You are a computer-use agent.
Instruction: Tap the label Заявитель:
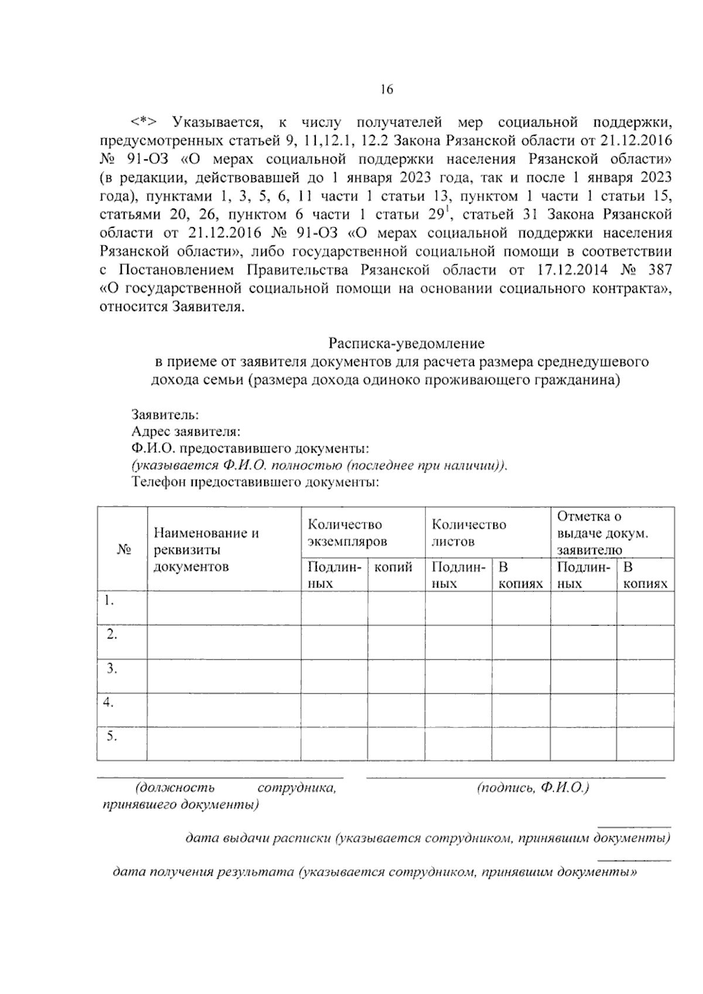[x=165, y=415]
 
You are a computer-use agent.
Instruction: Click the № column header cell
[x=122, y=549]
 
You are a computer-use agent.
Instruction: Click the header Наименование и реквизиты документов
[x=206, y=549]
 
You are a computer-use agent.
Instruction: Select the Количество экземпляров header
[x=347, y=532]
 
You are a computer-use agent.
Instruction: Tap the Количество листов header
[x=469, y=532]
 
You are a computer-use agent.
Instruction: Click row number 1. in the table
[x=108, y=600]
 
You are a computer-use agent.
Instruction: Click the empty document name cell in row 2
[x=223, y=642]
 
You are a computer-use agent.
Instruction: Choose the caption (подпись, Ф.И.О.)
[x=533, y=788]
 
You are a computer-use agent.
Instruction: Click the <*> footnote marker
[x=144, y=122]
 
